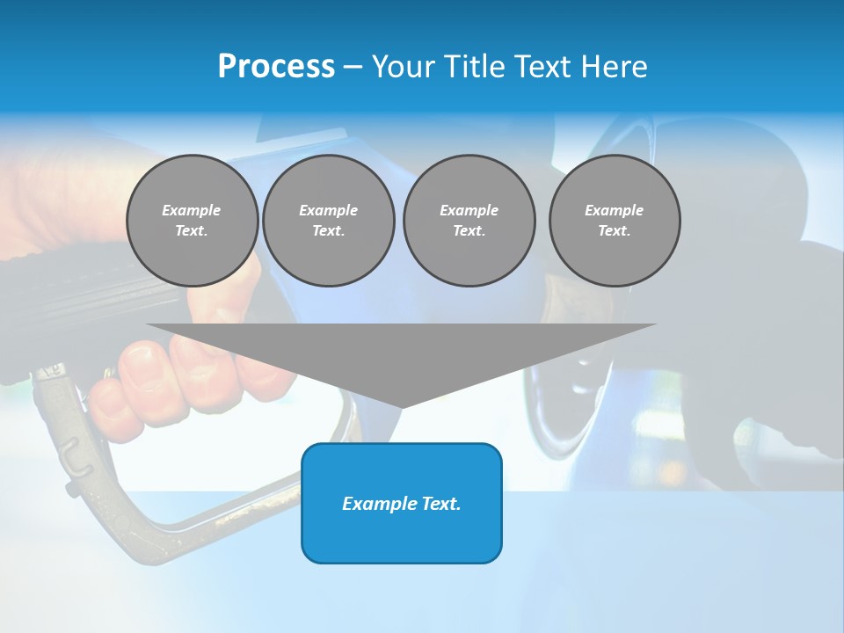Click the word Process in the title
click(276, 67)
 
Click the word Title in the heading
click(471, 67)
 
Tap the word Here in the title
click(614, 67)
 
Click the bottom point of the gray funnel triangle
click(402, 405)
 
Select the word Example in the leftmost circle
click(192, 210)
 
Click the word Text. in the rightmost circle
click(615, 230)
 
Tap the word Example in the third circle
click(469, 210)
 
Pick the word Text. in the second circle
click(329, 230)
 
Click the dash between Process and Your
click(353, 67)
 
